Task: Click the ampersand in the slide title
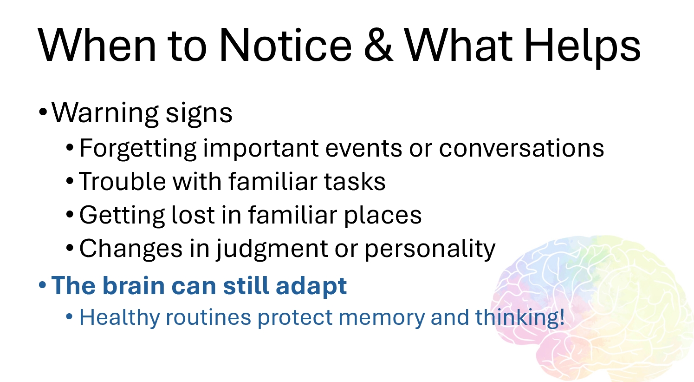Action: [378, 45]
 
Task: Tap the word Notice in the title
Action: [285, 45]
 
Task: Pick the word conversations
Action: [521, 148]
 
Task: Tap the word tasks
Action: [355, 181]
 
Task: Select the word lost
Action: [193, 215]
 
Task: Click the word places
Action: [383, 216]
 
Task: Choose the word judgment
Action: [272, 250]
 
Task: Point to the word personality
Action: [430, 250]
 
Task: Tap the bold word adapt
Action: [311, 286]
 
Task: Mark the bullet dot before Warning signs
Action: [43, 112]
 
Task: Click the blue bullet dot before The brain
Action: [42, 284]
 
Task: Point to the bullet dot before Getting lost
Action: [70, 214]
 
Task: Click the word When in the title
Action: [97, 45]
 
